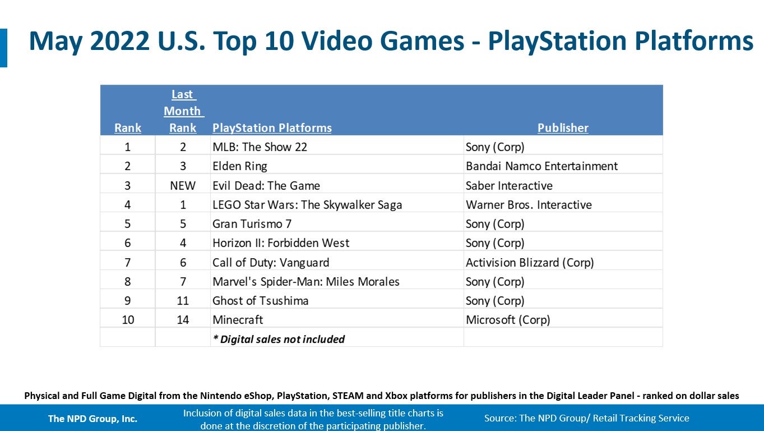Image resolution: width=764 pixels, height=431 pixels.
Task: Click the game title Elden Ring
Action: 239,166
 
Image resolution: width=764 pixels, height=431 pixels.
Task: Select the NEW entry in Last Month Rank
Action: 183,186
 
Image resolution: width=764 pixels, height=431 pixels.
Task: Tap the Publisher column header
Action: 563,128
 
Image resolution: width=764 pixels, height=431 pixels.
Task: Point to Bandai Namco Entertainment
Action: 541,166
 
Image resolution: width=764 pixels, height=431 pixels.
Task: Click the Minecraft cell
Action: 238,320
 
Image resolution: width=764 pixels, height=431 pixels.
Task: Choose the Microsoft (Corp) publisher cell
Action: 508,320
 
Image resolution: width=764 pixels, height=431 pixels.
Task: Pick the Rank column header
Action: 128,128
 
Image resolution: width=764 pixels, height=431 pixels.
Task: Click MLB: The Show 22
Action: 260,147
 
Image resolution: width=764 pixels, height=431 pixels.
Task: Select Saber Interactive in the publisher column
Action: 509,186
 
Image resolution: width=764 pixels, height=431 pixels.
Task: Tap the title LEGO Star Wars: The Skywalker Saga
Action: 307,205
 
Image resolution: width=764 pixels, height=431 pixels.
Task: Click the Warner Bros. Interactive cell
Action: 529,205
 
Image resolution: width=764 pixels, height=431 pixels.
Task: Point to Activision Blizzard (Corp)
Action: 530,262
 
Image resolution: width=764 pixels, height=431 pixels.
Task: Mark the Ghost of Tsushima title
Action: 260,301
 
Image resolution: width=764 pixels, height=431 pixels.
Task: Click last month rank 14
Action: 183,320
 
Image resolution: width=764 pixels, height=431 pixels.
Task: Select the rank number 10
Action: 128,320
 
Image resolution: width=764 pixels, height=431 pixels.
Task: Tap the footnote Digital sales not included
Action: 279,339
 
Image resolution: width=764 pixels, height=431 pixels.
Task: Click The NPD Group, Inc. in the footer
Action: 92,418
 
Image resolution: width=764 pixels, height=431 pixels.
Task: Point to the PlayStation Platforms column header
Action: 272,128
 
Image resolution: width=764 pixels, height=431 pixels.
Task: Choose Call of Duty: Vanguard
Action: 271,262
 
